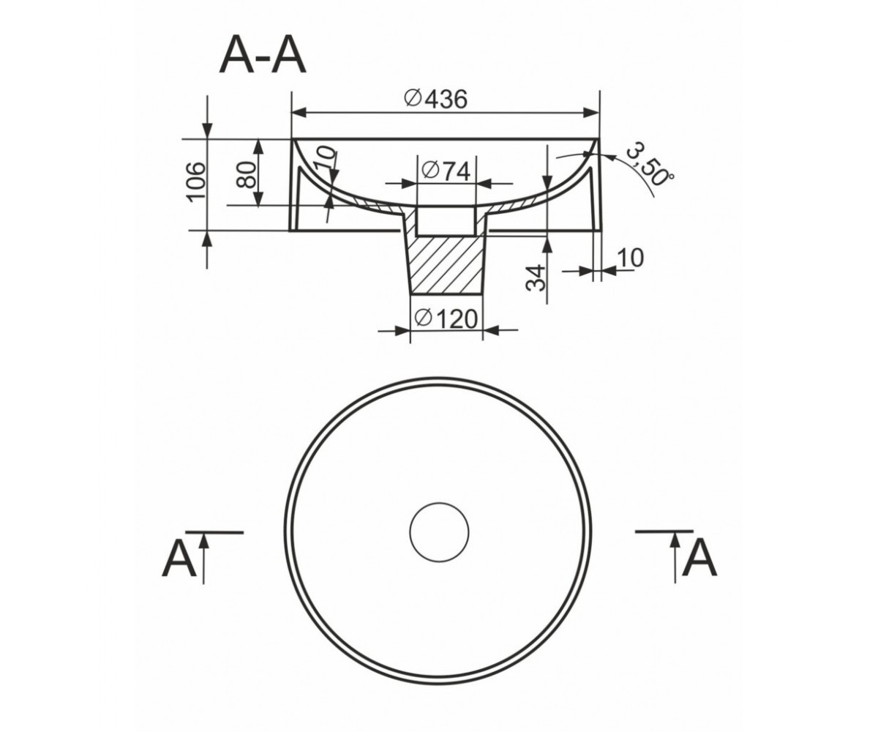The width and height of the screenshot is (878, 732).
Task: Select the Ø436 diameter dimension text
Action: point(435,100)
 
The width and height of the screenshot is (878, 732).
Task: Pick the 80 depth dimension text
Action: point(247,175)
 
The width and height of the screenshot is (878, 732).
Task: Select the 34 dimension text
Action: point(536,278)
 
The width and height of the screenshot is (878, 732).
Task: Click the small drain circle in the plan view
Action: point(439,531)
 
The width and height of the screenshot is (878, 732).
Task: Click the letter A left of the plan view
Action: point(179,558)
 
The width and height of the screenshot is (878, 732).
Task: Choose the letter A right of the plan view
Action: point(699,558)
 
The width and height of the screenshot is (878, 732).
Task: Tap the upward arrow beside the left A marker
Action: point(203,557)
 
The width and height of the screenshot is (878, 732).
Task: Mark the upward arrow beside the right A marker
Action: point(675,556)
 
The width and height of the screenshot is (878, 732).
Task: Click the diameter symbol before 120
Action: point(424,318)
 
